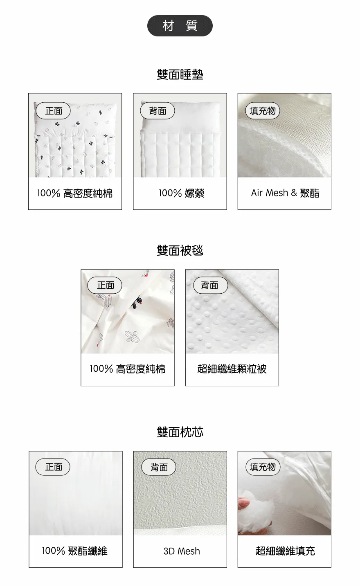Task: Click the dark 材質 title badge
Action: [180, 26]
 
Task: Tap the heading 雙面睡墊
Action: [180, 74]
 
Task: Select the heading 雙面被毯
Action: [180, 250]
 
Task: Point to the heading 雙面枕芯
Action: [180, 432]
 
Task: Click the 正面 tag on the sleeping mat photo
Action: [53, 111]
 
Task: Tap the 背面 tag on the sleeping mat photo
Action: [157, 111]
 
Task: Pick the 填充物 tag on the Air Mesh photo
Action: [263, 111]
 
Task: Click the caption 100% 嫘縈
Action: [181, 193]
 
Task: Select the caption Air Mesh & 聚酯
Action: [285, 193]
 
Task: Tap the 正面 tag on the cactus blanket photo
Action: [105, 285]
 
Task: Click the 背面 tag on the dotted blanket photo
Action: [210, 285]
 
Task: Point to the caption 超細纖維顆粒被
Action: [232, 369]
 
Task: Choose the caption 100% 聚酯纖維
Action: [75, 551]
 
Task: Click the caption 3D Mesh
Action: [182, 551]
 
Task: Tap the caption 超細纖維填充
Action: [285, 551]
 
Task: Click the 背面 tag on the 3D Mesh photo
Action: [158, 467]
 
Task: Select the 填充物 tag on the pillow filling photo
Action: [263, 467]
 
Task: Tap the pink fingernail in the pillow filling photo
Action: [245, 502]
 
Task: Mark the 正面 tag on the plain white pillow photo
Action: [53, 467]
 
